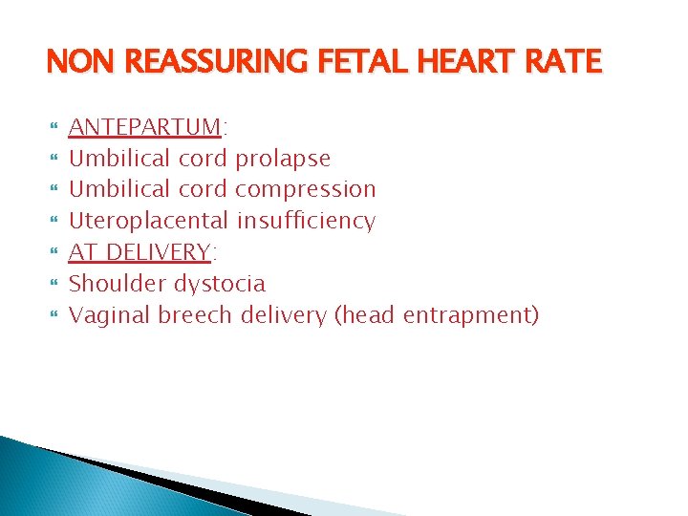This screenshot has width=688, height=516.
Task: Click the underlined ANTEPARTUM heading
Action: click(145, 126)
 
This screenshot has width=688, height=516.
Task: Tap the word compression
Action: click(305, 189)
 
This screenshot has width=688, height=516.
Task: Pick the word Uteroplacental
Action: click(150, 221)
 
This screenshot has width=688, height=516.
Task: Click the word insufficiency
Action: click(306, 221)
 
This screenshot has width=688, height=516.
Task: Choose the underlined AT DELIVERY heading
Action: click(140, 252)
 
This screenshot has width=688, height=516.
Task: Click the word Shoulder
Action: click(118, 284)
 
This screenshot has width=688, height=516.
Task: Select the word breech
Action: click(196, 314)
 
